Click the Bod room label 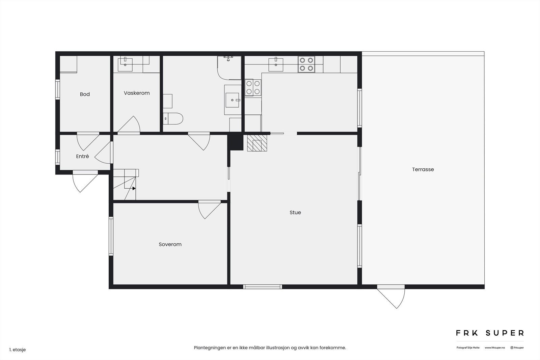click(x=85, y=94)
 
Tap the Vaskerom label click(x=137, y=93)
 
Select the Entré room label click(x=82, y=157)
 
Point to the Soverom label click(x=170, y=245)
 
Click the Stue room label click(x=295, y=213)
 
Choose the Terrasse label click(x=423, y=170)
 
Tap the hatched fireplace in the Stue click(x=257, y=143)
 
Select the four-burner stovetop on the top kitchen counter click(x=306, y=64)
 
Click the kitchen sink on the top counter click(x=276, y=64)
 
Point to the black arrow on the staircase click(x=134, y=188)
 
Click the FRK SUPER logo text click(x=490, y=333)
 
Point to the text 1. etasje click(x=18, y=350)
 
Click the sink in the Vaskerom click(x=125, y=64)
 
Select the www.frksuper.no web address click(x=495, y=348)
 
